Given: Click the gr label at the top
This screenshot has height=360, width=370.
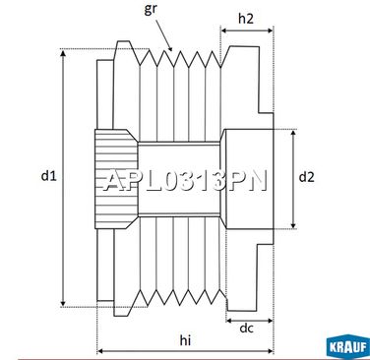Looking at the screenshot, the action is (x=150, y=10).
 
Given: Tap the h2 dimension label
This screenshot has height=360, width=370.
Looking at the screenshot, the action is (x=246, y=19).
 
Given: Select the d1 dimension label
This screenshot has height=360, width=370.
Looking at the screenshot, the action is (x=49, y=176).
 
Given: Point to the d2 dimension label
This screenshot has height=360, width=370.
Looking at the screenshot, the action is (x=307, y=177).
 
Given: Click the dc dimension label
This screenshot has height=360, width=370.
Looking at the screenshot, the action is (x=246, y=328).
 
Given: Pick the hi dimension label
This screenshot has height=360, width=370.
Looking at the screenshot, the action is (x=185, y=340).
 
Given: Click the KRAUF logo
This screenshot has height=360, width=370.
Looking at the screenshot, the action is (x=348, y=347).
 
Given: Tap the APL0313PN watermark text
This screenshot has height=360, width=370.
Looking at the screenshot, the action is (x=185, y=180).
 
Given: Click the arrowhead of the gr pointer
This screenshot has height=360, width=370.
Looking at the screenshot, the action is (x=169, y=48).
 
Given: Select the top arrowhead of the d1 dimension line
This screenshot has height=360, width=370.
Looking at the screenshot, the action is (x=63, y=53).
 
